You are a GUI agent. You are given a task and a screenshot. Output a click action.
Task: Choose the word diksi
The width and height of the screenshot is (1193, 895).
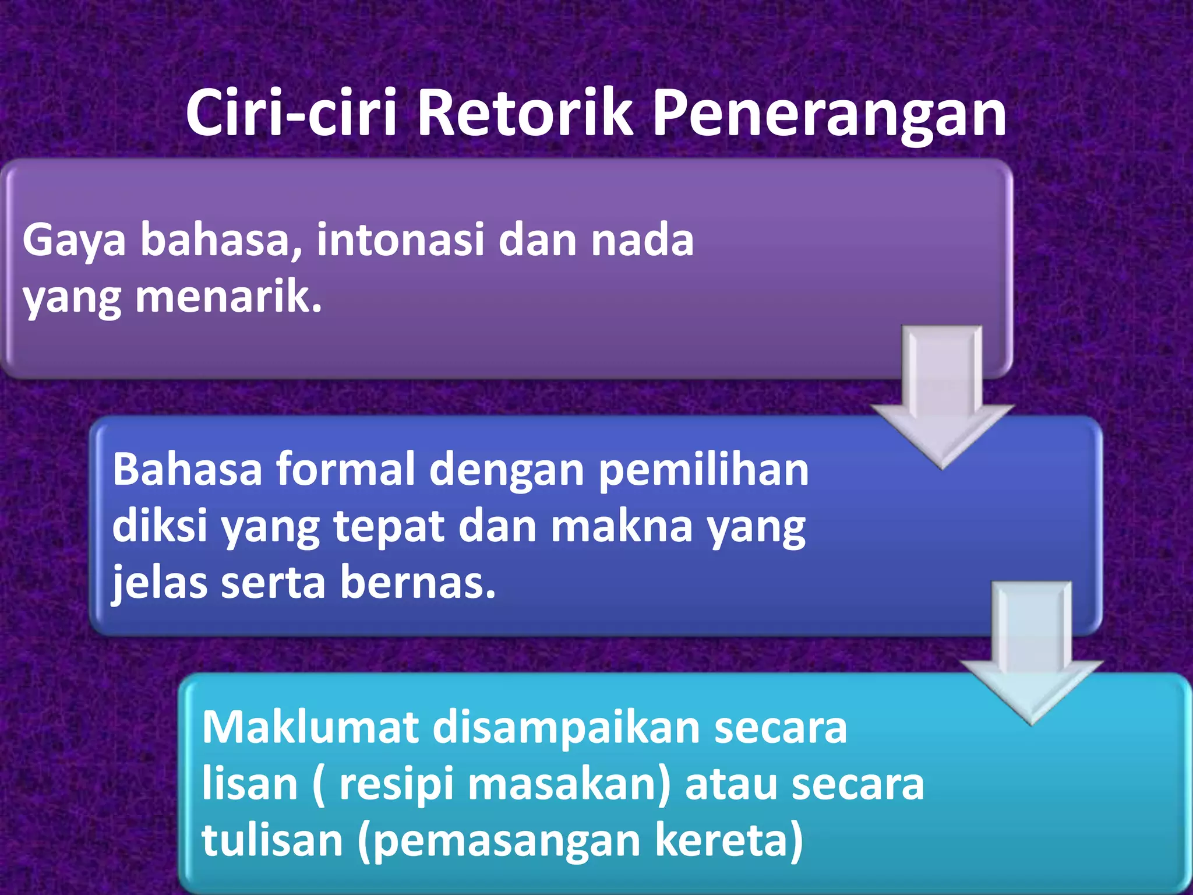pos(160,526)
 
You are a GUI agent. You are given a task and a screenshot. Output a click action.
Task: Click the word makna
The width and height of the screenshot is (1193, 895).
pos(622,526)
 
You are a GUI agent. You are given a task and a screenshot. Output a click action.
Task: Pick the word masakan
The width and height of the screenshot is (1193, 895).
pos(569,784)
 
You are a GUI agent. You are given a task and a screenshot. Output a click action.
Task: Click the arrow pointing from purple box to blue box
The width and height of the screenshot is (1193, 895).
pos(942,396)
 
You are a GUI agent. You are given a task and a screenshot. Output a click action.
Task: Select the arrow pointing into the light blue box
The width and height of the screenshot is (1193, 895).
pos(1031,653)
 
